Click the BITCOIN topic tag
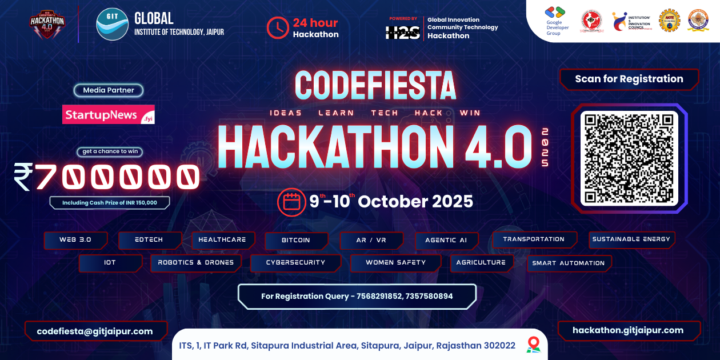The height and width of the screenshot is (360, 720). (296, 241)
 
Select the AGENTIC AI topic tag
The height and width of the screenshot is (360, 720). (446, 241)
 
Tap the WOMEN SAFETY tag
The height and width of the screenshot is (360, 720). (395, 263)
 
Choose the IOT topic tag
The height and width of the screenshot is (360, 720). (110, 263)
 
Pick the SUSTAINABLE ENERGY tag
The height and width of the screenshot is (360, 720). (631, 239)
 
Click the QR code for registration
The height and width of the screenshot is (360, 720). (629, 158)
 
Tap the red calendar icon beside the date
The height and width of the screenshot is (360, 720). (291, 202)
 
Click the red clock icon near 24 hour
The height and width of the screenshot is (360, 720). (278, 27)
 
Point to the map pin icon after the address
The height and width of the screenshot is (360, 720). (533, 344)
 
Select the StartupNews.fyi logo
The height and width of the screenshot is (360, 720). (109, 114)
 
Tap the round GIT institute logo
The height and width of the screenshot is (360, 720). (112, 24)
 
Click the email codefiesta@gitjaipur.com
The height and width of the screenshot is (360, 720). (95, 331)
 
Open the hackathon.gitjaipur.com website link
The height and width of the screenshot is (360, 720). (628, 330)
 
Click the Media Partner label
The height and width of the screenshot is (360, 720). (109, 90)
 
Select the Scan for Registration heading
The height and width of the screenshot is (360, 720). (629, 79)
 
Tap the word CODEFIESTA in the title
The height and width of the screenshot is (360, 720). (375, 86)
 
